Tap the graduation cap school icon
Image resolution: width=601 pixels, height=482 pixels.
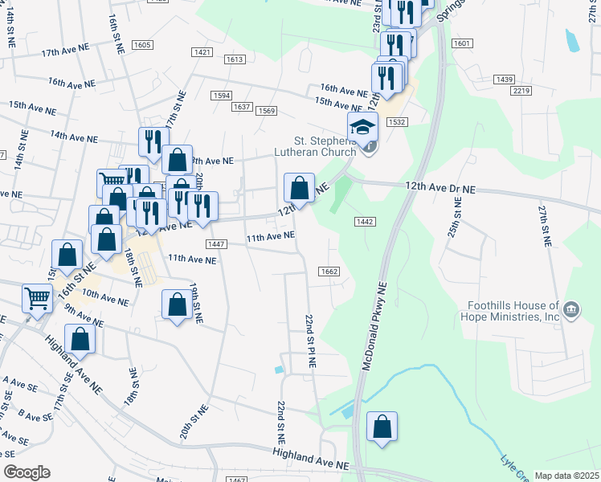tap(362, 127)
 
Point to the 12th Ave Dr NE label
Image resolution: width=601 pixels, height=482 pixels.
tap(443, 189)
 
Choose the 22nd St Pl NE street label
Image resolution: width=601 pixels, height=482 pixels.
tap(309, 341)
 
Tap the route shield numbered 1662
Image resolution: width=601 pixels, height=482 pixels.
tap(328, 272)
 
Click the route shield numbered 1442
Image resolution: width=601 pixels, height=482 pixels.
tap(362, 221)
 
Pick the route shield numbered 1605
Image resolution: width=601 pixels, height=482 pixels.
tap(142, 45)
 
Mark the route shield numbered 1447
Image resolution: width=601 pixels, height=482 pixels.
tap(215, 244)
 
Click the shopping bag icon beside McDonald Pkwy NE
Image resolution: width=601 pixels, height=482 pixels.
tap(382, 427)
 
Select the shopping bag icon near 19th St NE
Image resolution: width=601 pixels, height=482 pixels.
tap(177, 305)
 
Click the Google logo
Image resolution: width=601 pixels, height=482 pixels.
tap(27, 472)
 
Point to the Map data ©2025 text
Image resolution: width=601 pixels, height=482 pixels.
tap(566, 476)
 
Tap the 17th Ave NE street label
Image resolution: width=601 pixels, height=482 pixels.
tap(64, 52)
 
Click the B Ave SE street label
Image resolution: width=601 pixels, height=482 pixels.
tap(35, 416)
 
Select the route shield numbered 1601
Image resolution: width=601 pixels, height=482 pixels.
tap(462, 43)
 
